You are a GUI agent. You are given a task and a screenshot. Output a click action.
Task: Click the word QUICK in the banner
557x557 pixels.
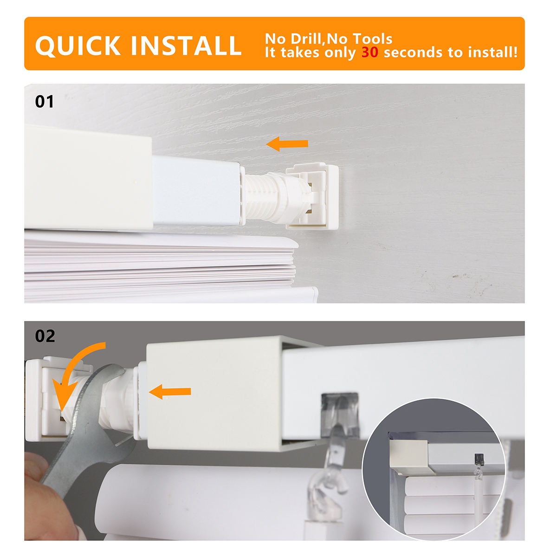(78, 45)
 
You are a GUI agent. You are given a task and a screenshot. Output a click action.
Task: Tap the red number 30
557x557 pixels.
(370, 52)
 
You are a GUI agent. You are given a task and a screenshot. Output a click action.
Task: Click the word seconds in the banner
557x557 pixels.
(414, 52)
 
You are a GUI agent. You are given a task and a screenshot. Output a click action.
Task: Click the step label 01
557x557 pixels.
(45, 101)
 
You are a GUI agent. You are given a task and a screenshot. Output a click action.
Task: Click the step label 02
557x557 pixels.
(45, 336)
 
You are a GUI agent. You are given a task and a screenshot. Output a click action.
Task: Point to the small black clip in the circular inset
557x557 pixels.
(479, 460)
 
